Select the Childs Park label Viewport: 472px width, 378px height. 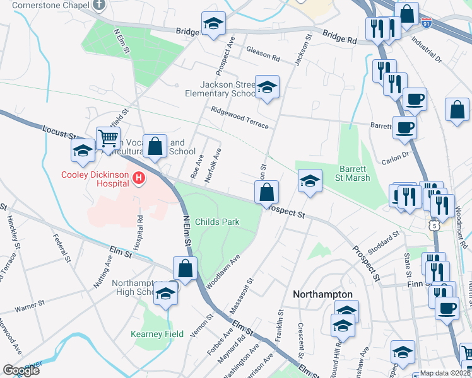[x=216, y=222]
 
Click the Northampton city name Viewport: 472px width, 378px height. [x=322, y=294]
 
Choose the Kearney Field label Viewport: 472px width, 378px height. [x=157, y=334]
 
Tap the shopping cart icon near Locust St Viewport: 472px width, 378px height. [x=108, y=137]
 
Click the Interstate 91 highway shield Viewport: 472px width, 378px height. [x=427, y=23]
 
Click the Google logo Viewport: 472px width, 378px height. [x=21, y=370]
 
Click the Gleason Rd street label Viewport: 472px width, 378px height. [x=263, y=54]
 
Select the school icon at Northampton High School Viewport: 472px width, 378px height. [x=165, y=294]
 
